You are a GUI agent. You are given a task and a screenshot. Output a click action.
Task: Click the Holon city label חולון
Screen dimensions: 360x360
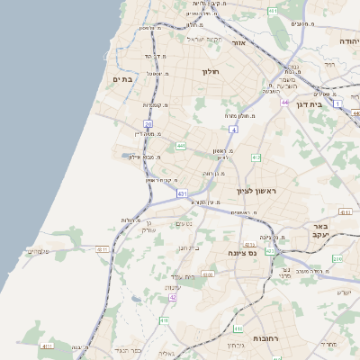click(211, 71)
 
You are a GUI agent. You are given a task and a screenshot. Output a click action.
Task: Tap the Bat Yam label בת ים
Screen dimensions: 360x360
click(121, 80)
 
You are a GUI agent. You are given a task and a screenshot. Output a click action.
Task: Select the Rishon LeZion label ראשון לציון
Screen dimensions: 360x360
click(258, 191)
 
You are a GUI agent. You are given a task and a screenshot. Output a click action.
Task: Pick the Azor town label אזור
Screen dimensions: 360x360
click(238, 42)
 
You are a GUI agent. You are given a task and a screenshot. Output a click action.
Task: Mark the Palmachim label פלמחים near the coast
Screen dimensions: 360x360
click(44, 252)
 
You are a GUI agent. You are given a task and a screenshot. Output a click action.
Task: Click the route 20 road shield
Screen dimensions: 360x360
click(148, 124)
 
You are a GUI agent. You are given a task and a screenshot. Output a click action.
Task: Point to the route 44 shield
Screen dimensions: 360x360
click(284, 103)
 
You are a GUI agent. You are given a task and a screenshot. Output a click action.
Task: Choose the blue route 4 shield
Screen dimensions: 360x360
click(232, 130)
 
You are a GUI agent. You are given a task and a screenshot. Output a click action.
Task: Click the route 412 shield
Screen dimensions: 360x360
click(256, 157)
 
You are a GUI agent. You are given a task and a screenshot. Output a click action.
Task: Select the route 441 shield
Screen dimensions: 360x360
click(181, 145)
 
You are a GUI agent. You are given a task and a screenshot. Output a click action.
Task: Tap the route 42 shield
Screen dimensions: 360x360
click(173, 297)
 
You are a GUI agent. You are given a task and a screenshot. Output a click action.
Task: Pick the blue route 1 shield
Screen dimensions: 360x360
click(337, 103)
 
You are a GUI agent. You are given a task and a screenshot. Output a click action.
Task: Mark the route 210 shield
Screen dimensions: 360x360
click(337, 259)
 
